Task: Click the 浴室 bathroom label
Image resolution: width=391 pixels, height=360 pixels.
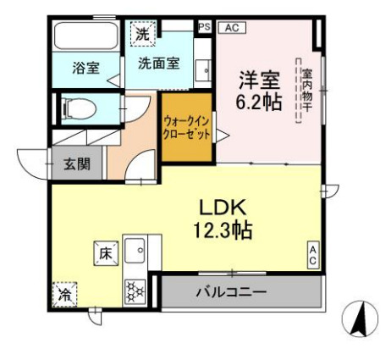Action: (x=85, y=67)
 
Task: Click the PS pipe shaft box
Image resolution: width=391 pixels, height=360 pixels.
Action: (x=203, y=27)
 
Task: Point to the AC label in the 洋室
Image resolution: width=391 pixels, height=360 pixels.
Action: (x=233, y=27)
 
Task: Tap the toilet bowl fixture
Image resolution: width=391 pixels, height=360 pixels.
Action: (x=79, y=108)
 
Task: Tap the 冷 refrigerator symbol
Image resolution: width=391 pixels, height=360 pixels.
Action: (x=64, y=295)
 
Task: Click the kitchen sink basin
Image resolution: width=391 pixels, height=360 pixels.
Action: (x=135, y=252)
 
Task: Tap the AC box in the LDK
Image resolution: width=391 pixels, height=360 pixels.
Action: (x=312, y=255)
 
